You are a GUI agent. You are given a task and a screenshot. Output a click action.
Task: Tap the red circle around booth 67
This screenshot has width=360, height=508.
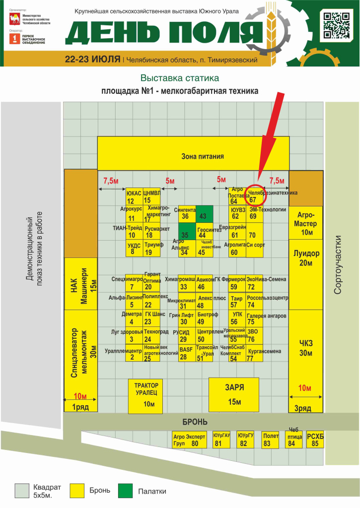point(258,195)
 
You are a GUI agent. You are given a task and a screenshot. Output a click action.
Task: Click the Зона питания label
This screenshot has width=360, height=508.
point(202,156)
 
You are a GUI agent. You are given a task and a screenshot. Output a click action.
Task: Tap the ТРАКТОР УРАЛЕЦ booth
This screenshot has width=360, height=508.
point(146,394)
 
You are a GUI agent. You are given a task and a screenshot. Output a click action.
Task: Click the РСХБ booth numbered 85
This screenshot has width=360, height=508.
point(315,440)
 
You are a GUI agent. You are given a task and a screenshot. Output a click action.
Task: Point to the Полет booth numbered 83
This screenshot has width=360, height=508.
point(267,440)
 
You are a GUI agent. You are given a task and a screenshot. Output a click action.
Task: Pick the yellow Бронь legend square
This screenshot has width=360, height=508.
point(78,491)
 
